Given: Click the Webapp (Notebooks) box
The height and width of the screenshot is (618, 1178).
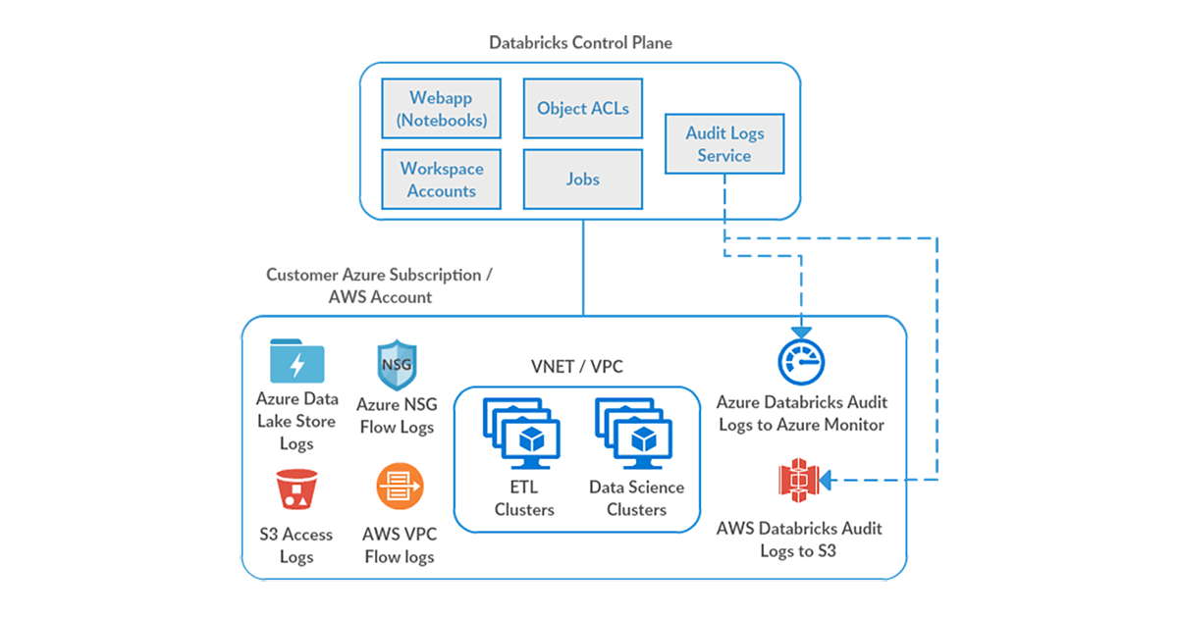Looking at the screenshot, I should (441, 110).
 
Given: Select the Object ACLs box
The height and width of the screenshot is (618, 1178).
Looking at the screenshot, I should (582, 108).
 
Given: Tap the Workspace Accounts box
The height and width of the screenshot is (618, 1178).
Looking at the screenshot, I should (441, 180).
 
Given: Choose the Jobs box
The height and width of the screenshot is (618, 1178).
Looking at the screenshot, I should (582, 180).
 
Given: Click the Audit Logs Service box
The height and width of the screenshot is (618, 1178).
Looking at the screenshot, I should (724, 144).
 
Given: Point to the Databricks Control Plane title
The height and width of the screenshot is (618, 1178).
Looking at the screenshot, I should (581, 43).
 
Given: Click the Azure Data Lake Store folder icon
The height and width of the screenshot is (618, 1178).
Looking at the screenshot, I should (297, 362).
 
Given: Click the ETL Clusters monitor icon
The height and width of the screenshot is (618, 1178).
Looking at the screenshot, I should (522, 433).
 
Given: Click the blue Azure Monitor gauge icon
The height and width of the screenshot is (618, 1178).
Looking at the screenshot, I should (801, 362).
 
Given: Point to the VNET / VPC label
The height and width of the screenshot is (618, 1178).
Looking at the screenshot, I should (576, 367).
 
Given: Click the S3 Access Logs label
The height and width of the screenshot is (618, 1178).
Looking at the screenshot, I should (296, 545).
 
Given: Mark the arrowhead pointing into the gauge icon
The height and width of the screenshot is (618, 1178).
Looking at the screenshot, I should (801, 330).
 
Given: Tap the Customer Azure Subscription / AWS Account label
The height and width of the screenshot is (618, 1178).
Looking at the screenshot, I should (380, 285).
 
